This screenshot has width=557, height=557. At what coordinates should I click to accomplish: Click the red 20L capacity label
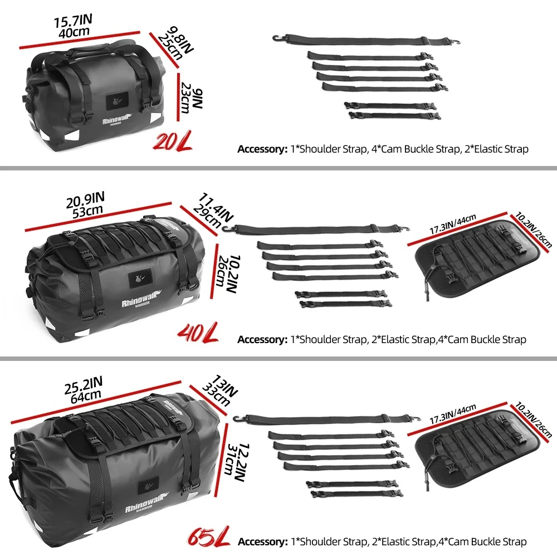(173, 141)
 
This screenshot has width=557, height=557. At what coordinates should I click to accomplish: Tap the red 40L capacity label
(198, 333)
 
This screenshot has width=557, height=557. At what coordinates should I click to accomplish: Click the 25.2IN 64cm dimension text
(84, 390)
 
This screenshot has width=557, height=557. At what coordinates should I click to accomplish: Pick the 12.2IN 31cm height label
(237, 462)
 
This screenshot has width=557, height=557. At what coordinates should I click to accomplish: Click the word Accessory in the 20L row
(262, 149)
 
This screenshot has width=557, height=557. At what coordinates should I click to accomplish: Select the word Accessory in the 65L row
(263, 542)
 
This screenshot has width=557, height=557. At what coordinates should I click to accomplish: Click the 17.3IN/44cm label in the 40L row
(453, 224)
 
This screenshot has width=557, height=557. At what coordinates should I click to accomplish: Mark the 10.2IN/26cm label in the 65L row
(533, 419)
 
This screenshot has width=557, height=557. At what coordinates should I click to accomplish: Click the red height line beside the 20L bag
(178, 97)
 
